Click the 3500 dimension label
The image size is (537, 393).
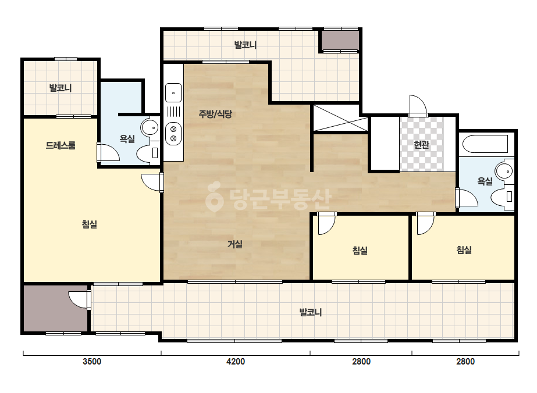tap(92, 362)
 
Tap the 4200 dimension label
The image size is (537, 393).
tap(236, 362)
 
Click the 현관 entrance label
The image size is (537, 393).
tap(421, 145)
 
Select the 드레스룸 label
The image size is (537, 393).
tap(61, 145)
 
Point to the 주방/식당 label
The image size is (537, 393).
tap(215, 114)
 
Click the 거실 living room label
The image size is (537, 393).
tap(235, 244)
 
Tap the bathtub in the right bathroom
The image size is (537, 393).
tap(485, 144)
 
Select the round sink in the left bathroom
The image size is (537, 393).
tap(150, 128)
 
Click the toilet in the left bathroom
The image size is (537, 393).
tap(148, 153)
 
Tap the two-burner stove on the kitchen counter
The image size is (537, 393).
tap(173, 134)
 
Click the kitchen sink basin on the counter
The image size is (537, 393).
tap(173, 93)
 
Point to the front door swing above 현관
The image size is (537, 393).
tap(418, 105)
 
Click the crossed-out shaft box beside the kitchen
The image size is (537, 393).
tap(340, 118)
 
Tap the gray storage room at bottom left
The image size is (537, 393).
tap(55, 309)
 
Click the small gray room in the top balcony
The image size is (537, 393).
tap(339, 40)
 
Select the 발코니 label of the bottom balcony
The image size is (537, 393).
tap(311, 312)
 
